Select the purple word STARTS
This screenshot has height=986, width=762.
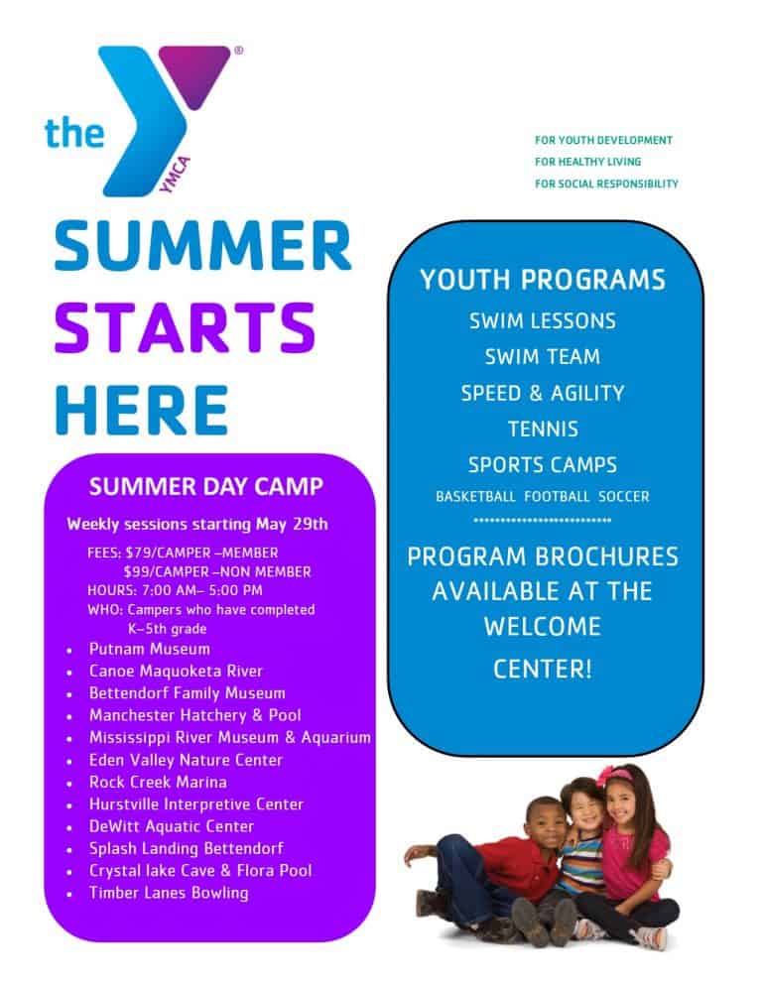click(x=185, y=327)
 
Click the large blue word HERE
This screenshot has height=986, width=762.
click(x=141, y=409)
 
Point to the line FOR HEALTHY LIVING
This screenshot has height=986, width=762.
click(x=587, y=162)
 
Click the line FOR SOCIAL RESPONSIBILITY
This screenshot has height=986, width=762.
click(x=605, y=184)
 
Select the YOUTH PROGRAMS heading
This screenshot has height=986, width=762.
click(x=542, y=281)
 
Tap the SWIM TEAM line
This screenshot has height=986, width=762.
click(x=542, y=357)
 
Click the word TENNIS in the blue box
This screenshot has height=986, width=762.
click(x=542, y=430)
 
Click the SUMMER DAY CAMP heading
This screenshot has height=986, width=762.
click(x=205, y=487)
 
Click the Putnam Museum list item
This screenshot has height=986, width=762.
click(x=149, y=649)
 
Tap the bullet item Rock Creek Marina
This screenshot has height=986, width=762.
click(x=158, y=782)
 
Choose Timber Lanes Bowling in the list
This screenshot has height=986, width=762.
click(x=169, y=893)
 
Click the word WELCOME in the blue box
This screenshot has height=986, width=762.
click(x=542, y=627)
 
